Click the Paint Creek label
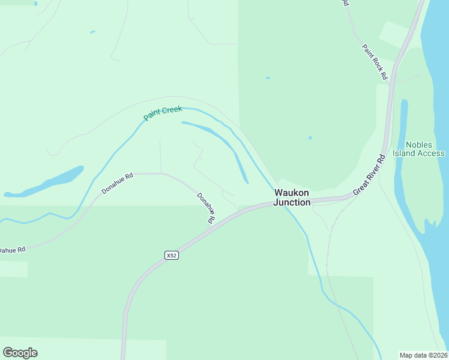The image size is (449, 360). tap(163, 113)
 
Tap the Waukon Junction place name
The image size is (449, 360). tap(292, 197)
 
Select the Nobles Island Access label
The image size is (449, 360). tap(418, 149)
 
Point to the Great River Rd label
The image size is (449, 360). tap(369, 175)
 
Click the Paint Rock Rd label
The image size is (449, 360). tap(375, 62)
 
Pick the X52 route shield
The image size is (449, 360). tap(172, 256)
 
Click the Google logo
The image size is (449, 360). tap(20, 353)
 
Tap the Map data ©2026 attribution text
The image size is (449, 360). tap(423, 355)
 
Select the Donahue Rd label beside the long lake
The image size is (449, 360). tap(117, 184)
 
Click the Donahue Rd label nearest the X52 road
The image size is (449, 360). tap(206, 208)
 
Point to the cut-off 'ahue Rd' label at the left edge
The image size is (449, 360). tap(12, 250)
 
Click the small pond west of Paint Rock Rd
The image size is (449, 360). tap(268, 77)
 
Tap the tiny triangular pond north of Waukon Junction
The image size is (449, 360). tap(310, 137)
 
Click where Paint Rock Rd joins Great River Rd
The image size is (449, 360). tap(390, 83)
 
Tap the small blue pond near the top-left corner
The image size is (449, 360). tap(92, 32)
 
